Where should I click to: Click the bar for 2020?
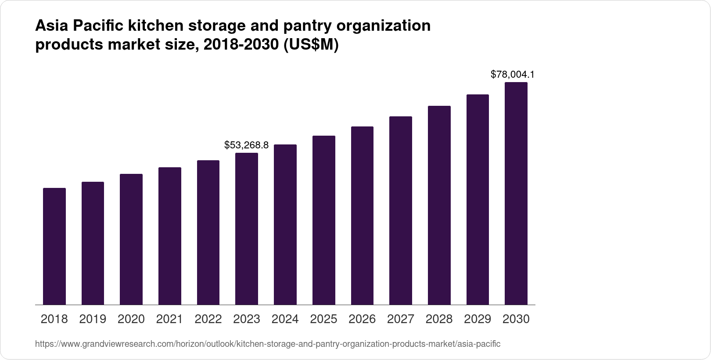point(131,239)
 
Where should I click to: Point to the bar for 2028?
point(439,205)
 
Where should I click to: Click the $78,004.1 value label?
point(512,74)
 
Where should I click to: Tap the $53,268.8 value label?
point(246,145)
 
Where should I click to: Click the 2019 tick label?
point(93,319)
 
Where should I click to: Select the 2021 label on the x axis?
point(169,319)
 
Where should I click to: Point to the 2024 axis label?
point(285,319)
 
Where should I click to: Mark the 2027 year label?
point(400,319)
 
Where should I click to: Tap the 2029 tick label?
point(478,319)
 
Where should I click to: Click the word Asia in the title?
point(51,26)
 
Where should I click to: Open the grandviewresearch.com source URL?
point(267,344)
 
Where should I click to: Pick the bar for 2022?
point(208,233)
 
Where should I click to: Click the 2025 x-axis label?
point(323,319)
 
